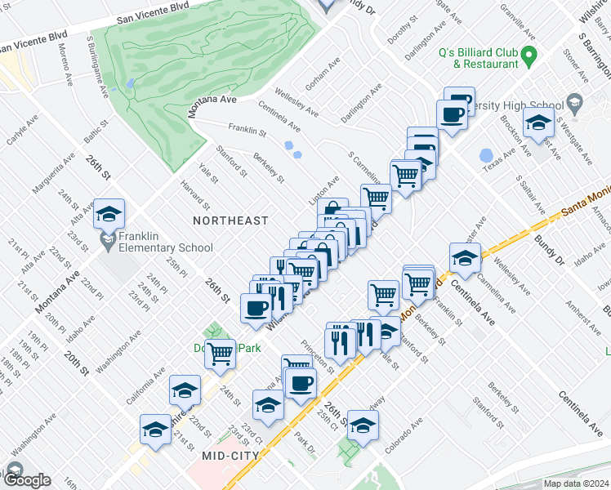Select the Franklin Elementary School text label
point(166,242)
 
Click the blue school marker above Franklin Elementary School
point(109,214)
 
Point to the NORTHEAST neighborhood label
point(230,220)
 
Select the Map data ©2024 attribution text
point(576,483)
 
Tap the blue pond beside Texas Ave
point(487,155)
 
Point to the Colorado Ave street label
point(405,429)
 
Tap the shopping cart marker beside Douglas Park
point(220,354)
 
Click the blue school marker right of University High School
point(538,124)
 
